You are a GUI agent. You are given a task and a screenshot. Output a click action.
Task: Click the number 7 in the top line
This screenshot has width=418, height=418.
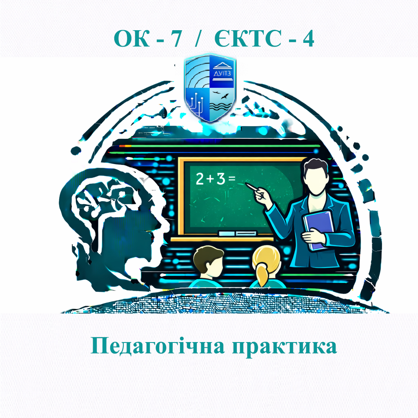[x=175, y=39]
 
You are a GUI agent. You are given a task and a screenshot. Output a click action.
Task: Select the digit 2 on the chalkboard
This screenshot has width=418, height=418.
[x=200, y=180]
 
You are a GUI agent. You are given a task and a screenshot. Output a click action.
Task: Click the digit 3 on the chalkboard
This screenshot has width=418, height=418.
[x=221, y=180]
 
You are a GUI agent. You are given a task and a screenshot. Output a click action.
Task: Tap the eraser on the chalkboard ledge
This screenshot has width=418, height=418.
[x=227, y=233]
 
